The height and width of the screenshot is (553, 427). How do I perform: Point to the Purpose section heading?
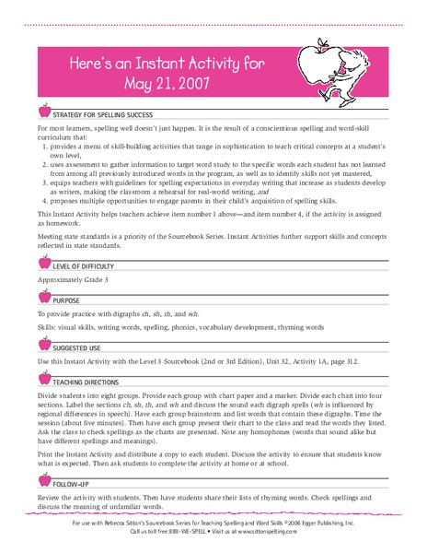(x=66, y=300)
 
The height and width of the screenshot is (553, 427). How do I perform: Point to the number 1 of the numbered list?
(x=47, y=148)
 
